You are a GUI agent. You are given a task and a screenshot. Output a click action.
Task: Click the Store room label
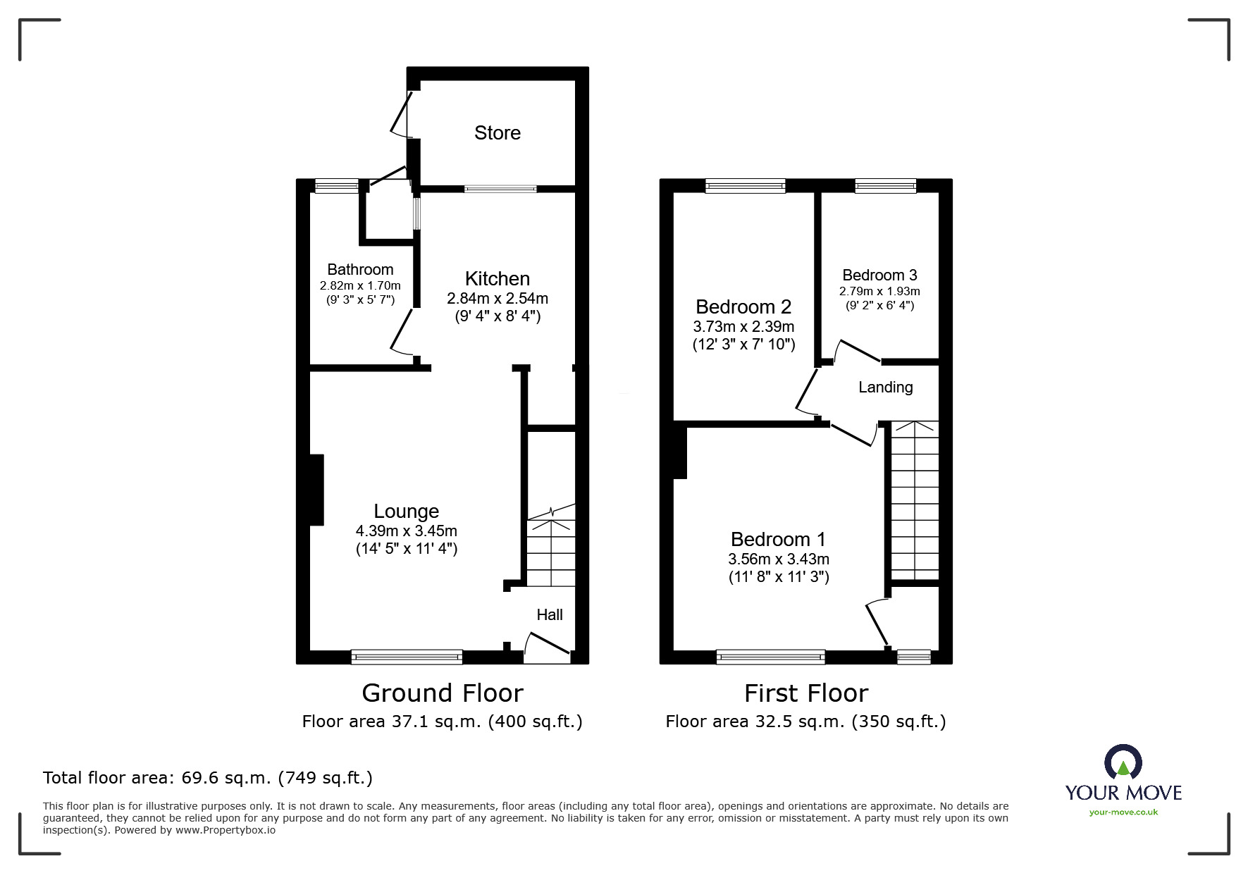tap(497, 132)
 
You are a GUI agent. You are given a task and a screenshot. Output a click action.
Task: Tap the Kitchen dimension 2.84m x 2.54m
tap(497, 298)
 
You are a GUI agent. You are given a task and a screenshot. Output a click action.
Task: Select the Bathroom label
tap(360, 269)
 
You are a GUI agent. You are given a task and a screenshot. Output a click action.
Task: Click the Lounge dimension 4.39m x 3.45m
tap(406, 531)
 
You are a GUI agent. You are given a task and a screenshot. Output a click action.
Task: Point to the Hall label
tap(550, 614)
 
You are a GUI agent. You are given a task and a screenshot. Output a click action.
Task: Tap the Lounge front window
tap(407, 657)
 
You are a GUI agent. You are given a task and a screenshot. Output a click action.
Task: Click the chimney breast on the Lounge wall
tap(316, 490)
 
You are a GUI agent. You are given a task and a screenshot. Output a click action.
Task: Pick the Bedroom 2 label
tap(743, 307)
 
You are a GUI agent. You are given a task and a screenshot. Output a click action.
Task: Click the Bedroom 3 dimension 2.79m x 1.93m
tap(879, 291)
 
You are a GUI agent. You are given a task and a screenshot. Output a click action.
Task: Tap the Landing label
tap(885, 387)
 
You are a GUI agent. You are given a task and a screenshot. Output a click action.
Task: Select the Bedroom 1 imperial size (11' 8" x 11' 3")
tap(779, 577)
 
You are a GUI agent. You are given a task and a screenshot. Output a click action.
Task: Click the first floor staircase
tap(915, 500)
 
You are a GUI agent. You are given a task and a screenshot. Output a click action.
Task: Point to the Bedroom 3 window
tap(885, 186)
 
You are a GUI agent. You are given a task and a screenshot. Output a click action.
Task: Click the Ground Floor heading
tap(442, 693)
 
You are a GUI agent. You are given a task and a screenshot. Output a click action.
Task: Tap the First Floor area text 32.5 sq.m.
tap(805, 722)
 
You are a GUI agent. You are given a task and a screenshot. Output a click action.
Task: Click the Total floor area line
tap(208, 778)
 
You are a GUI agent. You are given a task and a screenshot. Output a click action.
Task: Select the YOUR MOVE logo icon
tap(1123, 762)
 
